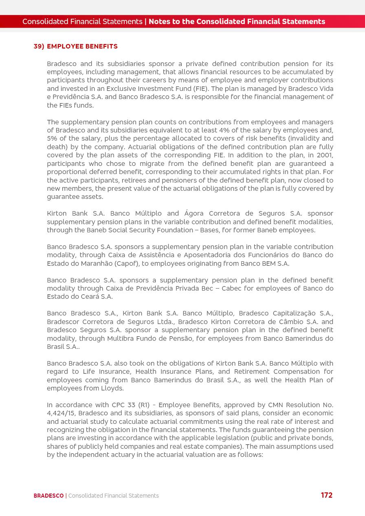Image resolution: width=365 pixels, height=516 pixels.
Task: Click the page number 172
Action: coord(326,495)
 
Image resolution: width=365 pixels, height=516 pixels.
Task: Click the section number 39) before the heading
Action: coord(39,46)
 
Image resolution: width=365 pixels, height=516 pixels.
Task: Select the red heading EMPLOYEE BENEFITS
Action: coord(82,46)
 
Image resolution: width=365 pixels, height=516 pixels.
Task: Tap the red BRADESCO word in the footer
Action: coord(48,496)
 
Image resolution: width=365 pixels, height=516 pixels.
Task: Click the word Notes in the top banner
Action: coord(159,22)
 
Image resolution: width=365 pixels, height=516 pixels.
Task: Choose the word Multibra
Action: coord(121,338)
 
